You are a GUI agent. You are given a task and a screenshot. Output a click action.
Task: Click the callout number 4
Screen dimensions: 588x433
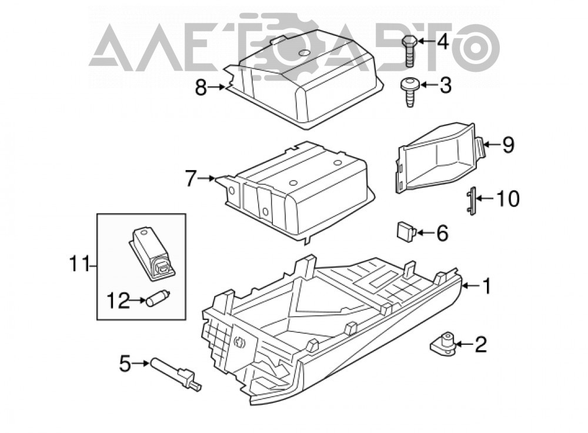pos(443,41)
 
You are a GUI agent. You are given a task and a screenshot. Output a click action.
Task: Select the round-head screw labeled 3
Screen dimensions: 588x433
pos(410,92)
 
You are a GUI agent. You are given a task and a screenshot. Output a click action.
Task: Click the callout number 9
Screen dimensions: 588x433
pos(508,145)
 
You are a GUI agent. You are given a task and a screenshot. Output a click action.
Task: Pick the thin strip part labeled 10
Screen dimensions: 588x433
pos(472,201)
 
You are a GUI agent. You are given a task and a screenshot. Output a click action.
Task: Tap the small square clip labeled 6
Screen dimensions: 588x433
pos(406,231)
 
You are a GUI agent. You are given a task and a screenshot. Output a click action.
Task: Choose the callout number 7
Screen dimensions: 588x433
pos(191,179)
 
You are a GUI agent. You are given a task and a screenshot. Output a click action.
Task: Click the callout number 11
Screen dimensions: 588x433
pos(79,265)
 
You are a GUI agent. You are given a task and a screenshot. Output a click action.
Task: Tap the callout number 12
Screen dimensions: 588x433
pos(119,301)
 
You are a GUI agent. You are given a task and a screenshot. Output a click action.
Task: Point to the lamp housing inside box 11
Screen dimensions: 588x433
pos(153,255)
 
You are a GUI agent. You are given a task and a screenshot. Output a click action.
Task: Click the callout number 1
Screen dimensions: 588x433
pos(486,286)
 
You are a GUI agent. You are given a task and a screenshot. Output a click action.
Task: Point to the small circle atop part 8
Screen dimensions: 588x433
pos(304,54)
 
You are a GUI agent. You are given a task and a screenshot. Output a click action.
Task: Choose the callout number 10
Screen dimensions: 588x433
pos(508,198)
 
